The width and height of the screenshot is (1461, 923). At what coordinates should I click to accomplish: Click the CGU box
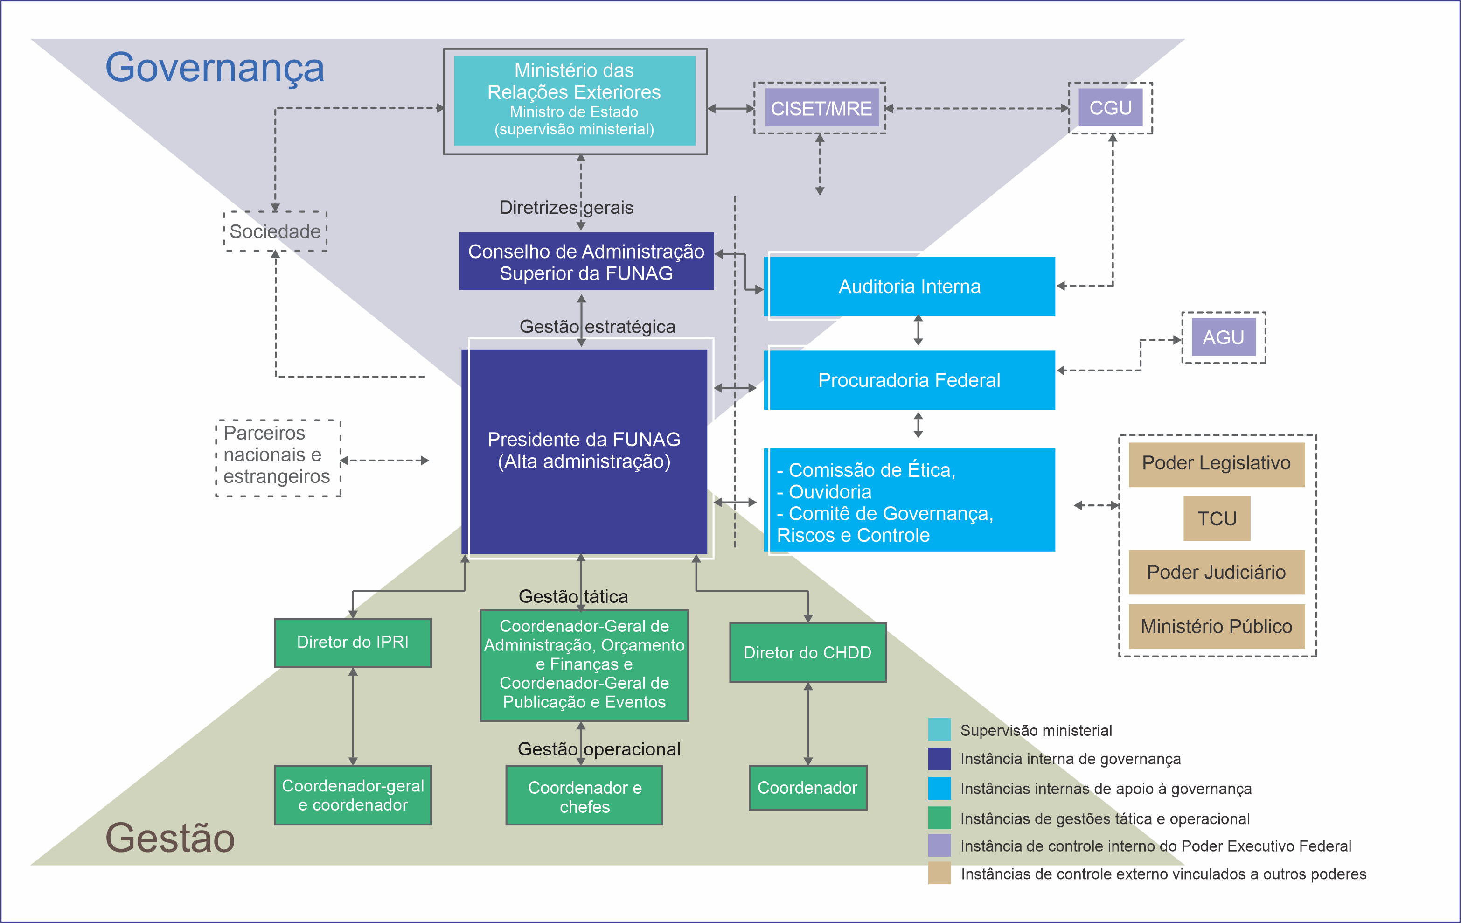1110,108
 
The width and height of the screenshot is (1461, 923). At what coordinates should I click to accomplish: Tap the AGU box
1223,337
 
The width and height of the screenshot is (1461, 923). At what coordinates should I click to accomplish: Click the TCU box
1217,519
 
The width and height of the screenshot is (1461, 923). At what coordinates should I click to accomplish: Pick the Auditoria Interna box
910,287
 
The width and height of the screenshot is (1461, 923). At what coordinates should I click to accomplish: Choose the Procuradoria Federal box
910,380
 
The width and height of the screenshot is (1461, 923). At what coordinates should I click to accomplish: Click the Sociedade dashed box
276,231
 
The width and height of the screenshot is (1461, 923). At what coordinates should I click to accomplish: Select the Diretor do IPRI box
353,643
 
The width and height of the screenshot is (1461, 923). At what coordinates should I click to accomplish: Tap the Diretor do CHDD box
807,652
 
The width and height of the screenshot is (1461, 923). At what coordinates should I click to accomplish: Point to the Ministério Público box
1217,626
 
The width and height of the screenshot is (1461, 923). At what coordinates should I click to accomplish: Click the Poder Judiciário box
1217,572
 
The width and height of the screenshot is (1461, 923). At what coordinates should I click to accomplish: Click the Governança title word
215,67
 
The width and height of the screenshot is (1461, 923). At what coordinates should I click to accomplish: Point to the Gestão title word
170,838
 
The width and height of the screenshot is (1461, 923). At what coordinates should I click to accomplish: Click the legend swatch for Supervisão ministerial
939,730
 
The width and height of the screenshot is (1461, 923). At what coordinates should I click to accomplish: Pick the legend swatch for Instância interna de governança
939,759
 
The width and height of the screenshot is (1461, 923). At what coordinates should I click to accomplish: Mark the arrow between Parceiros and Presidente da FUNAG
385,461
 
